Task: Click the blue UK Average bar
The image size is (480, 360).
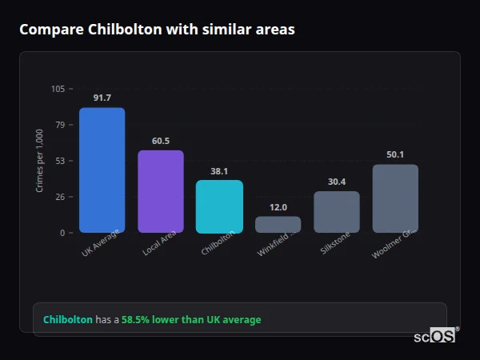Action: [102, 170]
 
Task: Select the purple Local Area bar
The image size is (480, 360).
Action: [160, 191]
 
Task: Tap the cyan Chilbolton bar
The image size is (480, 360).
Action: [219, 206]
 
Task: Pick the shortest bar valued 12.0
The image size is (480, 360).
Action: [278, 224]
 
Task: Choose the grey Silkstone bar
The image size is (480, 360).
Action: [336, 212]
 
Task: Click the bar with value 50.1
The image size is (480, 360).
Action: [395, 198]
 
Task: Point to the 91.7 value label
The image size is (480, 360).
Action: [102, 98]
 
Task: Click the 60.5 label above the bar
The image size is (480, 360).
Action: [160, 141]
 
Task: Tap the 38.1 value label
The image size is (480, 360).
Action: [219, 171]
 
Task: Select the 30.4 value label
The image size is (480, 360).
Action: [336, 182]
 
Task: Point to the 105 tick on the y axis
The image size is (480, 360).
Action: [58, 89]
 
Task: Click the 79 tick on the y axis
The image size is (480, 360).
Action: [60, 125]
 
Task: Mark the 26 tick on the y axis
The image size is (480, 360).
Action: [60, 197]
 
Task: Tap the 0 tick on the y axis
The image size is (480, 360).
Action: [62, 233]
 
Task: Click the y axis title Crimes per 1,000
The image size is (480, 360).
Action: [40, 161]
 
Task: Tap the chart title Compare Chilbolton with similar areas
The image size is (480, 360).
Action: [157, 30]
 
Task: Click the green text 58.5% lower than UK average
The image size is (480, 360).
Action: [191, 319]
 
